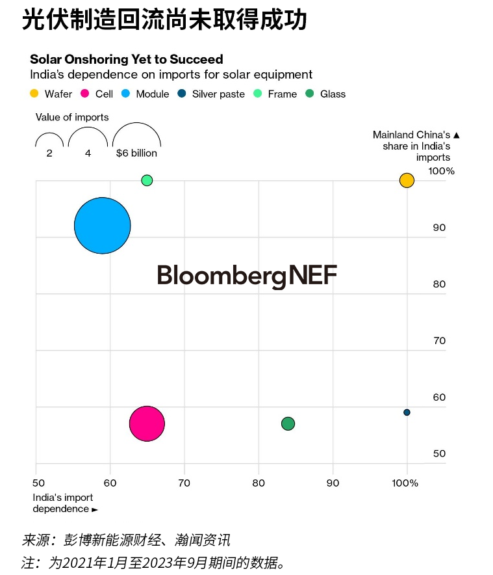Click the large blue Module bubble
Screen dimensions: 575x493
coord(103,226)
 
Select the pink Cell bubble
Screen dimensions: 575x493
coord(147,423)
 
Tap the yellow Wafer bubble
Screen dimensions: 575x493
coord(407,180)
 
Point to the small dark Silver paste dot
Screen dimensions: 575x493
coord(407,412)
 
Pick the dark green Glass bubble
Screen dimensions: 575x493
coord(288,423)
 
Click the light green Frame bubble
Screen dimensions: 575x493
coord(147,180)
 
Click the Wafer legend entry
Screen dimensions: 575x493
coord(51,94)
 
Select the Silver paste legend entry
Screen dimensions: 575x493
coord(212,94)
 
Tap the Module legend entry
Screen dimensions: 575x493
coord(145,94)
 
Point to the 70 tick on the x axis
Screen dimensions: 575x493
coord(184,483)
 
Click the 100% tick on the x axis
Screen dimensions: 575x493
coord(405,483)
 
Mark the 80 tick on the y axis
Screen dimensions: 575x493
coord(439,284)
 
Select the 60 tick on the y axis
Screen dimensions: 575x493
coord(439,397)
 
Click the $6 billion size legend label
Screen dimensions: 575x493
coord(136,154)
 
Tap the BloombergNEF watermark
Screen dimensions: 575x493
coord(247,276)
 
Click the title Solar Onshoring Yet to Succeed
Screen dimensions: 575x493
coord(127,59)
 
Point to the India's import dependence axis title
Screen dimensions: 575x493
coord(64,503)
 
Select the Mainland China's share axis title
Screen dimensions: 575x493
coord(416,146)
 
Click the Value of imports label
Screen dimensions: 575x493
coord(72,117)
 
